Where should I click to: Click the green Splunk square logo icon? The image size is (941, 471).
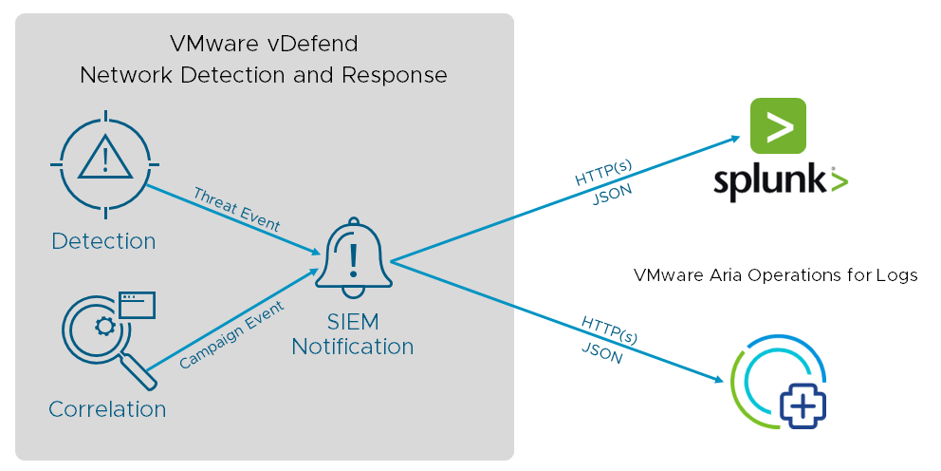[x=778, y=125]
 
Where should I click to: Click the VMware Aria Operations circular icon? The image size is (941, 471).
[x=778, y=383]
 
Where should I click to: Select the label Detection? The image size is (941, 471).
[x=103, y=241]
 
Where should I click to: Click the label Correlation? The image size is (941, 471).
[x=107, y=409]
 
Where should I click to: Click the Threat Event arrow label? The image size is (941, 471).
[x=236, y=210]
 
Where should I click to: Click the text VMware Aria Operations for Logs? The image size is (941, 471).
[x=775, y=275]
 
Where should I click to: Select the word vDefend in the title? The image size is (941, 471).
[x=305, y=44]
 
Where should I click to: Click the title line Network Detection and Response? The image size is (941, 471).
[x=263, y=75]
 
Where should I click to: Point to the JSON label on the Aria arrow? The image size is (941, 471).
[x=601, y=354]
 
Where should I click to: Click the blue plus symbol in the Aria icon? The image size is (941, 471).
[x=803, y=405]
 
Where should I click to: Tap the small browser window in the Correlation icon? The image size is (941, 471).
[x=137, y=305]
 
